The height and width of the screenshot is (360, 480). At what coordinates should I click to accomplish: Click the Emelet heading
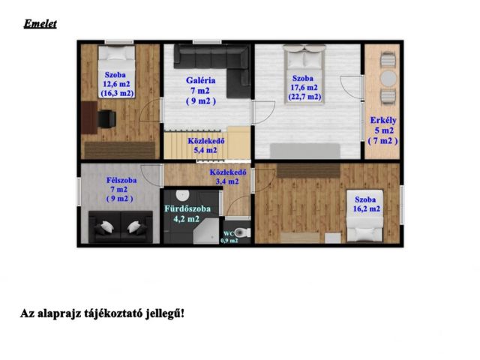[40, 24]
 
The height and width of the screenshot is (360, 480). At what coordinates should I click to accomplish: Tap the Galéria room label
[200, 80]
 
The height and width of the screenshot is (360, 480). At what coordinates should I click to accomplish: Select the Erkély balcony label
[383, 120]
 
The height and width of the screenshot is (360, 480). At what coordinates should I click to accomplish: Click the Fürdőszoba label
[187, 208]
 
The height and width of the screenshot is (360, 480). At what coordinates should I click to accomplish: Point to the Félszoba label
[121, 180]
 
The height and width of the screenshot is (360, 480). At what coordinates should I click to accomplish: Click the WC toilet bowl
[243, 232]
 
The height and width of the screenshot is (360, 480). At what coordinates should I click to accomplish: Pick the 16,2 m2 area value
[367, 208]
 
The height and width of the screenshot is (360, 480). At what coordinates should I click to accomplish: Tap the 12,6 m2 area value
[116, 84]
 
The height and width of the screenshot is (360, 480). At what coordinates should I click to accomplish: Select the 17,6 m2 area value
[304, 88]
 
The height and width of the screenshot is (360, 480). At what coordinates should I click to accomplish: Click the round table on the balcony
[388, 78]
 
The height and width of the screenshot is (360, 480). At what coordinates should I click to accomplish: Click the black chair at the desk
[106, 118]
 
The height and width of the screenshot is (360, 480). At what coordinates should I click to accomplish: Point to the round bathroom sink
[182, 195]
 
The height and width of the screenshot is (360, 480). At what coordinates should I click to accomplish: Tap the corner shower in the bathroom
[206, 231]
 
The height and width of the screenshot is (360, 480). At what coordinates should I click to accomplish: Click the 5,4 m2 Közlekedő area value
[205, 150]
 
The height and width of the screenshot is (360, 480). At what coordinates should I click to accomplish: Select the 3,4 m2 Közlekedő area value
[227, 181]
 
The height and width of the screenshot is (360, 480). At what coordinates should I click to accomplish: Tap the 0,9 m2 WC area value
[229, 241]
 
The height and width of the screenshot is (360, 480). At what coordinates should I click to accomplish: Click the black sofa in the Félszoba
[121, 226]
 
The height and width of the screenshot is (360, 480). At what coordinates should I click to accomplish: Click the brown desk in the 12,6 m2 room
[89, 118]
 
